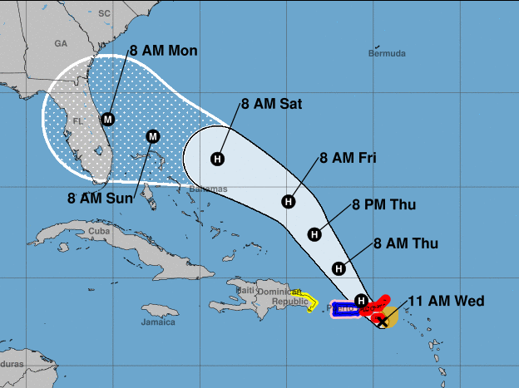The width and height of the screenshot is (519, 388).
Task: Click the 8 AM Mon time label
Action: click(x=163, y=52)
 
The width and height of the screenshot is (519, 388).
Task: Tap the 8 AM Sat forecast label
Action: click(x=271, y=105)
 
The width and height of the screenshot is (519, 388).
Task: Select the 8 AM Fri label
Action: click(x=348, y=158)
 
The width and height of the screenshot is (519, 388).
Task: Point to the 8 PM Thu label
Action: click(x=383, y=204)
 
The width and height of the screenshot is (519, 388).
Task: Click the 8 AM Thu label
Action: click(x=405, y=243)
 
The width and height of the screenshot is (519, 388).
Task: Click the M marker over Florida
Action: click(x=106, y=120)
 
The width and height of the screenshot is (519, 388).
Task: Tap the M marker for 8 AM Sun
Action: click(x=152, y=136)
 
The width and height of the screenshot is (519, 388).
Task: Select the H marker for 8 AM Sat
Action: click(x=218, y=159)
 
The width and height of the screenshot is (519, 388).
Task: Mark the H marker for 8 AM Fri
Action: click(x=289, y=201)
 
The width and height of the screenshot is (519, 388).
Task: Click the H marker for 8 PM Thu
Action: click(x=314, y=234)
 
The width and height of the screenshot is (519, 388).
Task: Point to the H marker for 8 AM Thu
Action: click(x=339, y=268)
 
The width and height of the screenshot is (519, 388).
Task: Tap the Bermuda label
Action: click(x=387, y=53)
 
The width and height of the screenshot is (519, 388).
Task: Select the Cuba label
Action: click(x=99, y=231)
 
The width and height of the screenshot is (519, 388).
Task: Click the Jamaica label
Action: click(x=158, y=321)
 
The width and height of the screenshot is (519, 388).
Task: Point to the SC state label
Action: click(x=104, y=13)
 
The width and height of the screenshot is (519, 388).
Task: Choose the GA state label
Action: click(x=60, y=42)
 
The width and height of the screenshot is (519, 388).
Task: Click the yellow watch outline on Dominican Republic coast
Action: click(x=309, y=301)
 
